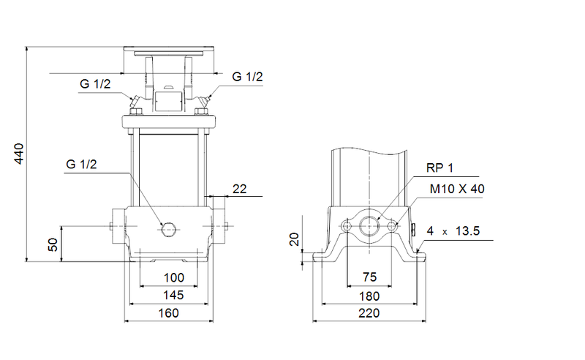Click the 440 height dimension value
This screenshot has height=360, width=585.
pos(20,154)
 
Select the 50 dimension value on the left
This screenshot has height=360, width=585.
pos(53,244)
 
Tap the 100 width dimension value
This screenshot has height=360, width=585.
pos(169,278)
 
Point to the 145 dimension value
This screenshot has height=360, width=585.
pos(169,295)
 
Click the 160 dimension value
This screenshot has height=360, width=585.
pos(169,312)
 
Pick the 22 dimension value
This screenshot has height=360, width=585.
pos(239,189)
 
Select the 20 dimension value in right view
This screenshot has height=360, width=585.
pos(295,239)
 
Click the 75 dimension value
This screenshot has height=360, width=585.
pos(369,278)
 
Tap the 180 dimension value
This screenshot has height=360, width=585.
pos(369,296)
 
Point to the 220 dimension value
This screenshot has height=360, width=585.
pos(369,313)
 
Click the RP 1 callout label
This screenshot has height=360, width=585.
pos(441,168)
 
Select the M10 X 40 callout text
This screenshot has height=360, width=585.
pos(457,189)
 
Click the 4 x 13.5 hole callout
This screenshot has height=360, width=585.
pos(453,231)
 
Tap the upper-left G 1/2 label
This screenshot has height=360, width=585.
pos(95,84)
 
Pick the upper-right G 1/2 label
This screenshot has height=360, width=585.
pos(247,77)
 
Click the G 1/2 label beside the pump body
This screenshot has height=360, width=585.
pos(80,165)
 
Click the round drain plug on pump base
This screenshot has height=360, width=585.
pos(169,229)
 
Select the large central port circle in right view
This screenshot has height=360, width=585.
pos(369,227)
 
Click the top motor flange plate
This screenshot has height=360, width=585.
pos(169,50)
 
